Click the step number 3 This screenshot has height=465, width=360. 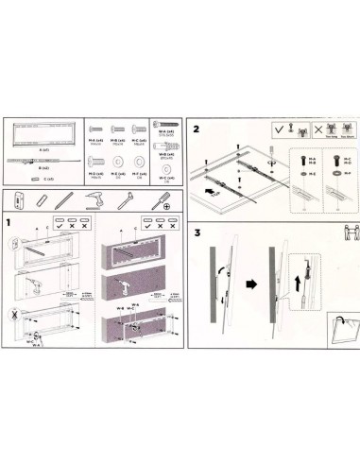click(x=197, y=232)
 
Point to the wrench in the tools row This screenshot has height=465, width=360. click(x=125, y=200)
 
